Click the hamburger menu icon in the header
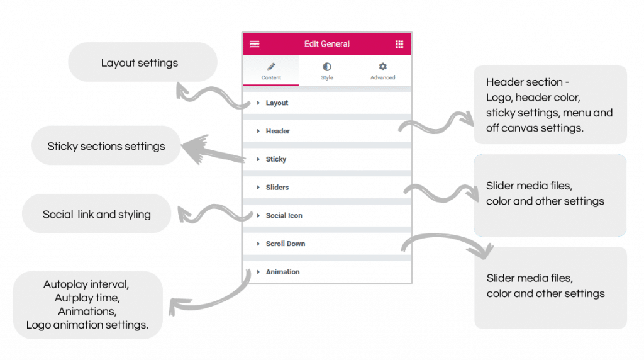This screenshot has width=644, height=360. click(x=255, y=44)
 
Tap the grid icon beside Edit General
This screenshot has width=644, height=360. click(x=399, y=44)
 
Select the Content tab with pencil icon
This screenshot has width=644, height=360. click(x=271, y=71)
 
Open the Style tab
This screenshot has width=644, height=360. click(x=327, y=71)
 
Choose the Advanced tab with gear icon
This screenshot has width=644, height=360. click(x=382, y=71)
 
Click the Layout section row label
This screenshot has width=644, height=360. click(x=277, y=103)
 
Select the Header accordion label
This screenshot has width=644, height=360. click(x=277, y=132)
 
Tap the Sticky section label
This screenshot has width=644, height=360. click(x=275, y=159)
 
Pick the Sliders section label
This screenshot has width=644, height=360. click(x=277, y=188)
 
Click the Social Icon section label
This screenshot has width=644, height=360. click(x=284, y=216)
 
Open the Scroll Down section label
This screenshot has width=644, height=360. click(x=285, y=244)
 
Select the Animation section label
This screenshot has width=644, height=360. click(x=282, y=272)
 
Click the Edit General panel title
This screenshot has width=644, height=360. click(x=327, y=44)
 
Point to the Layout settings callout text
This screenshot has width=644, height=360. click(x=140, y=63)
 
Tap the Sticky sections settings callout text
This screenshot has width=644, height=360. click(x=106, y=147)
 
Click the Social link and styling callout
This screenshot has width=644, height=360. click(x=97, y=215)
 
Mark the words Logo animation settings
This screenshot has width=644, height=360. click(x=87, y=325)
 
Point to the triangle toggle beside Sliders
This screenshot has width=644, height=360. click(x=258, y=188)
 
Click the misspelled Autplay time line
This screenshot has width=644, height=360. click(x=87, y=298)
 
